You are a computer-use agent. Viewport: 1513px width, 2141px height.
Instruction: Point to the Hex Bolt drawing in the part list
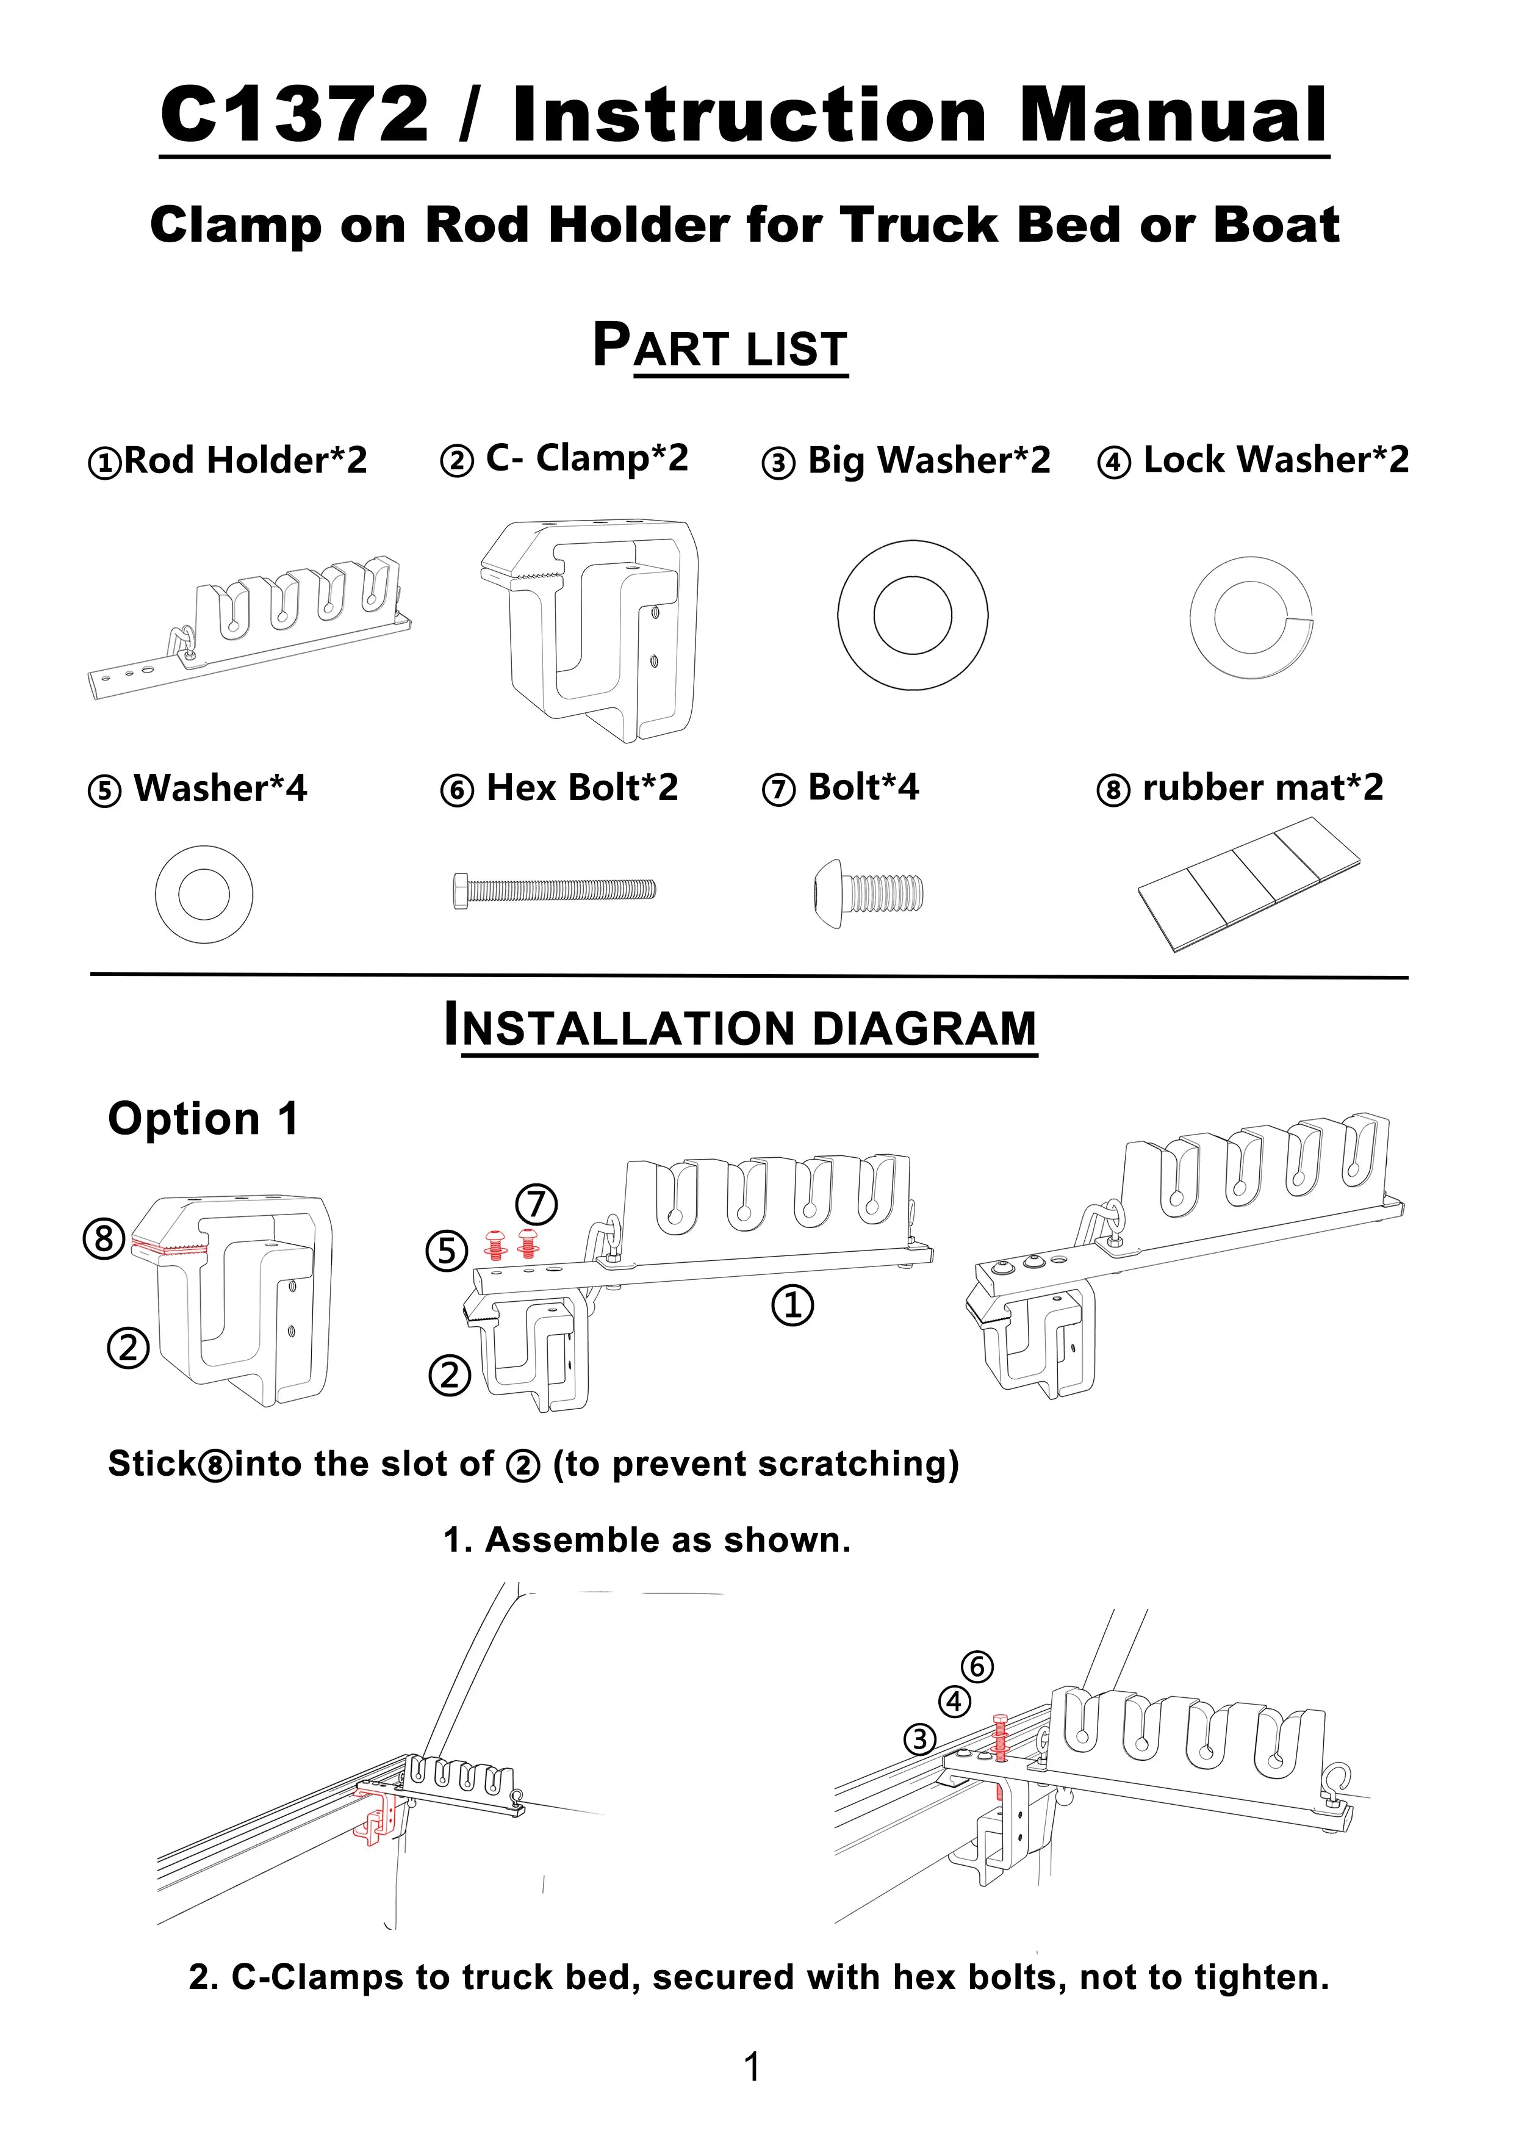point(554,890)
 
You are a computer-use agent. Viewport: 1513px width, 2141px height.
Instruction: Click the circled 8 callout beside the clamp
point(104,1240)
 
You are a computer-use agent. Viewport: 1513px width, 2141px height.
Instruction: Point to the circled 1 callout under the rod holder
point(792,1305)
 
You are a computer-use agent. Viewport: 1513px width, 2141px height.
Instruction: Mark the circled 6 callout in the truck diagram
point(977,1666)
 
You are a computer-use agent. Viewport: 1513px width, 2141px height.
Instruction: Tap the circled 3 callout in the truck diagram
point(920,1739)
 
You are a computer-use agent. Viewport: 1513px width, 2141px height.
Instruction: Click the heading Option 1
point(203,1119)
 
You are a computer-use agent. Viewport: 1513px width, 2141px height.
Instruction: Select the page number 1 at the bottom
point(752,2067)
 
